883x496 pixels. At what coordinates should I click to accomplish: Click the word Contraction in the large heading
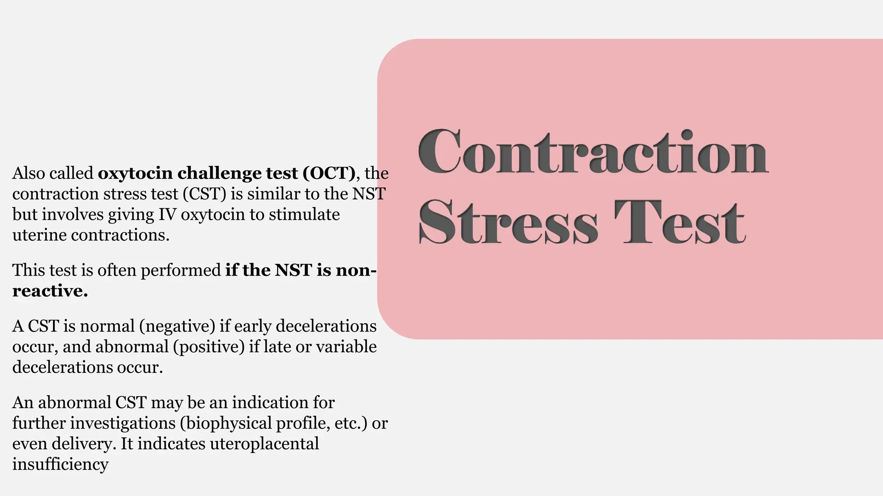(x=593, y=153)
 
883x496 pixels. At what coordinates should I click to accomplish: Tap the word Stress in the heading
(x=509, y=223)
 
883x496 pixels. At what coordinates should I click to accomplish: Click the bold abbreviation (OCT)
(x=329, y=174)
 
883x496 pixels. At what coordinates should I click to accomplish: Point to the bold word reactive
(x=50, y=291)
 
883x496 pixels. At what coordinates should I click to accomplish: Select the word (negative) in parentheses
(x=177, y=326)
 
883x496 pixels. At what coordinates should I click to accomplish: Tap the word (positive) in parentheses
(x=209, y=347)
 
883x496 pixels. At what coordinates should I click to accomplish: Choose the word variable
(x=346, y=347)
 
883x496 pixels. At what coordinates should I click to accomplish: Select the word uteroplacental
(x=264, y=444)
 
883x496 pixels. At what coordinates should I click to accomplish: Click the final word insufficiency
(x=60, y=465)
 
